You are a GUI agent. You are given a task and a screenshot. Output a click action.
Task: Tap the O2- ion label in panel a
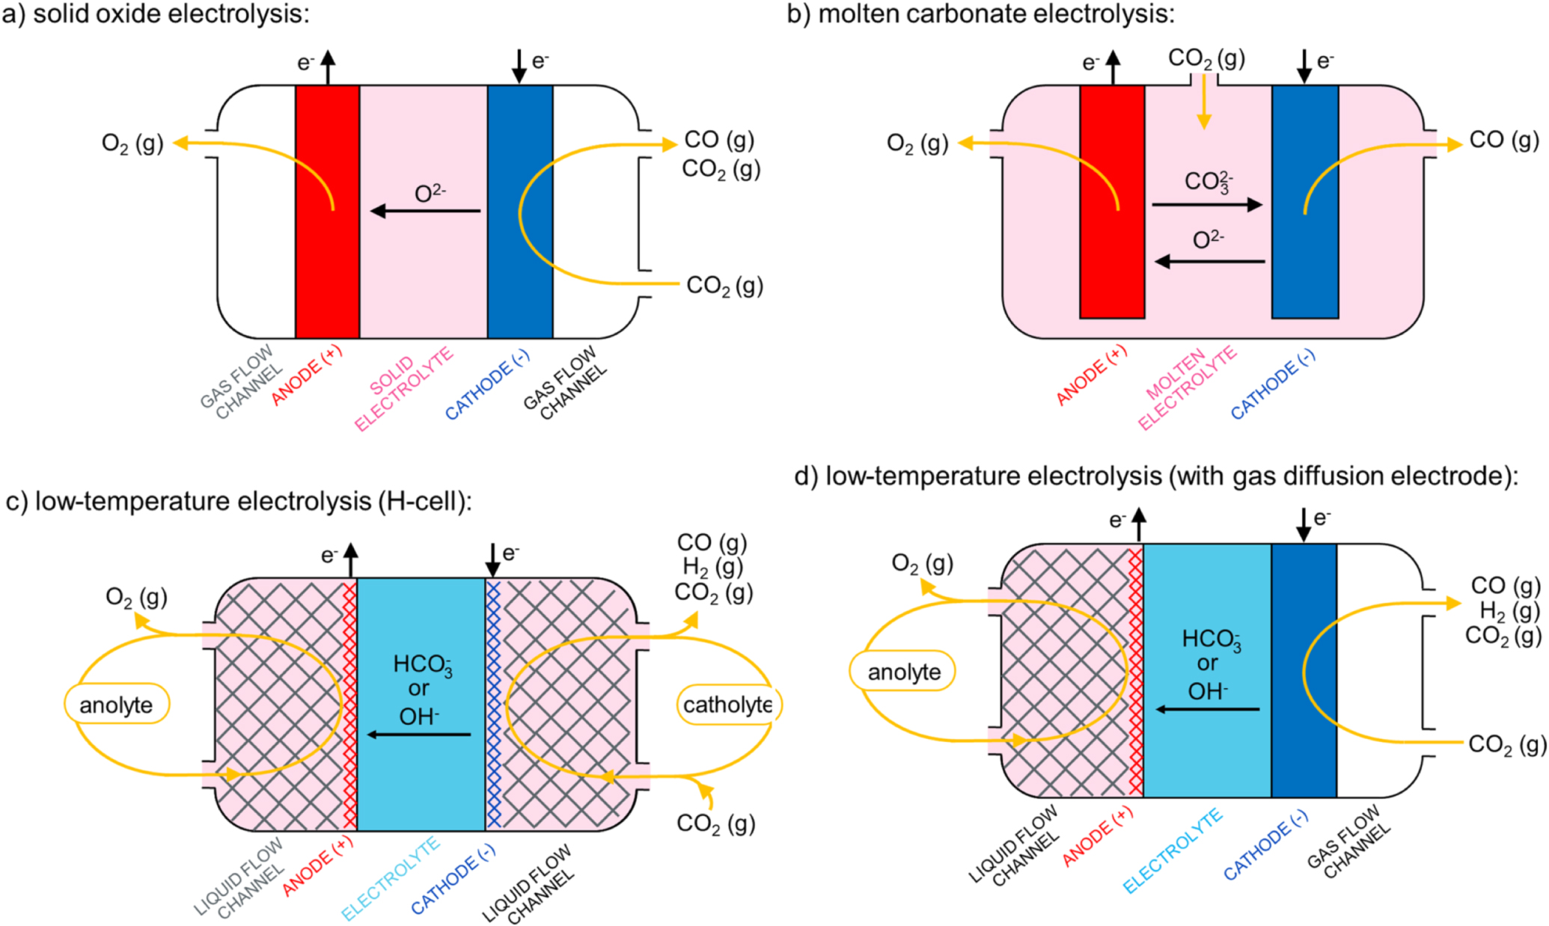click(430, 194)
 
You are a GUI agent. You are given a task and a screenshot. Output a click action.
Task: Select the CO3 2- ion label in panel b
click(1207, 182)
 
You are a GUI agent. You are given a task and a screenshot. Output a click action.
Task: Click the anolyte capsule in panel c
click(117, 704)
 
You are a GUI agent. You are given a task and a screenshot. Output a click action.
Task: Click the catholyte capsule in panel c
click(727, 704)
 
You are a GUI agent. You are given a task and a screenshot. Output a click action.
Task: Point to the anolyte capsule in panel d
click(903, 671)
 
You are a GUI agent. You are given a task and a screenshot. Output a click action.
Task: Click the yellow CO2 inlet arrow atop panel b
click(1203, 102)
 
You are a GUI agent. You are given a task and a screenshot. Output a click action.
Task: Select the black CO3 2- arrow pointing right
click(1206, 204)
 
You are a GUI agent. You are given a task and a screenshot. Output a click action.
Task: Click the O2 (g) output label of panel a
click(132, 143)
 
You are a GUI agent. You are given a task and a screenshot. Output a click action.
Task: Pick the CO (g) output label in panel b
click(1503, 140)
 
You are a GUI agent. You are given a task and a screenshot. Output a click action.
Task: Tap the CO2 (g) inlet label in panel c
click(715, 823)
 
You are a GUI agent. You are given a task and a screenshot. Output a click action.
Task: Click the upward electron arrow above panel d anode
click(1138, 524)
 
